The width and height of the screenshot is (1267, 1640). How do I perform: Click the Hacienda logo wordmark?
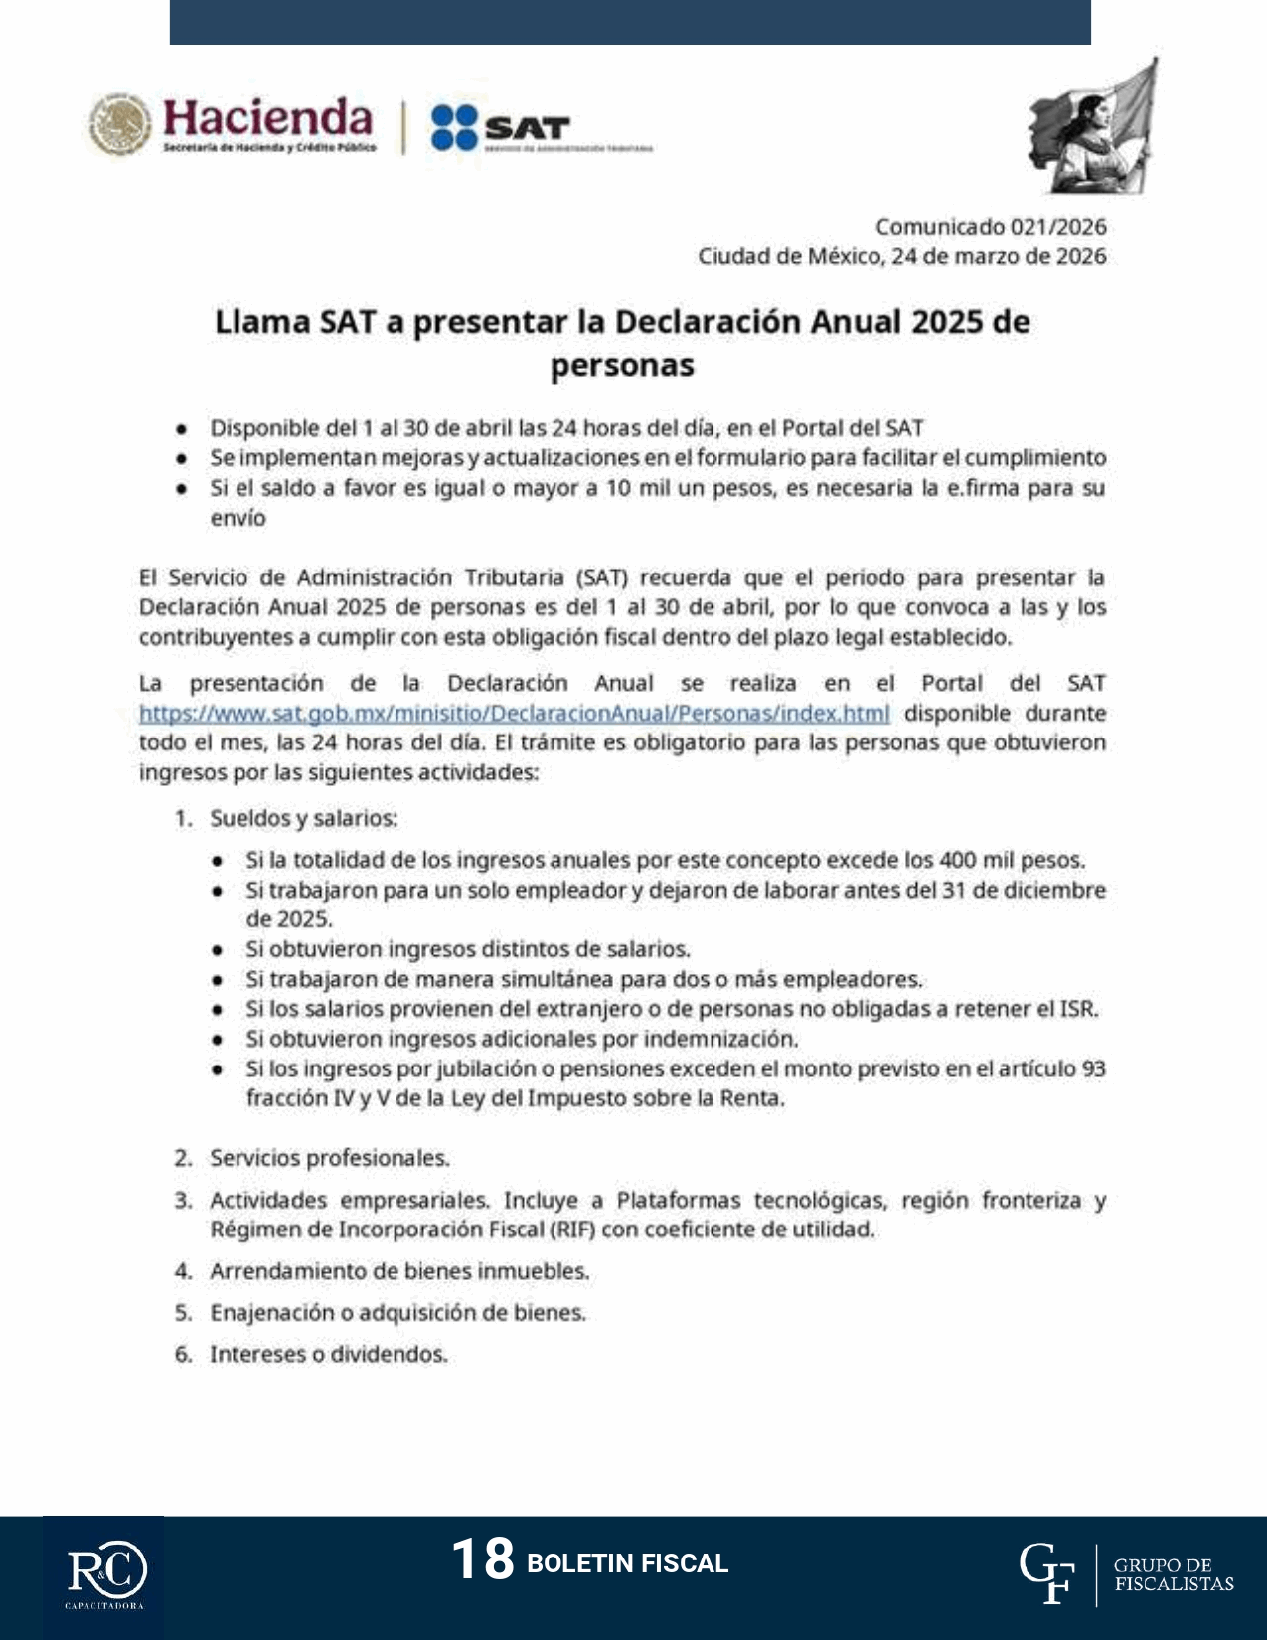pyautogui.click(x=266, y=119)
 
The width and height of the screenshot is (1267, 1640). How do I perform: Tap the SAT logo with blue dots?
pyautogui.click(x=500, y=128)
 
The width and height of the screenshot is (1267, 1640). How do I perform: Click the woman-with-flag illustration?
pyautogui.click(x=1092, y=127)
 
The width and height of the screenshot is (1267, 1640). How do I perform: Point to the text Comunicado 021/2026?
pyautogui.click(x=990, y=227)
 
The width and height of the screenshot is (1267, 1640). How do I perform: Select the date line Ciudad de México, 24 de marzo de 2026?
pyautogui.click(x=901, y=256)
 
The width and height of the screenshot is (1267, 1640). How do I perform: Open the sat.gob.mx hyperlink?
pyautogui.click(x=514, y=713)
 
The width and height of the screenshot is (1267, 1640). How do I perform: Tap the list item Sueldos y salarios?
pyautogui.click(x=303, y=818)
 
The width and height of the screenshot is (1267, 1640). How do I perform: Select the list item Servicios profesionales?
pyautogui.click(x=329, y=1158)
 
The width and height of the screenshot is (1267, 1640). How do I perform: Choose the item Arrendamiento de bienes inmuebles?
pyautogui.click(x=399, y=1271)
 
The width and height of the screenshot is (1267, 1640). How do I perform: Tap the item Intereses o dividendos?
pyautogui.click(x=328, y=1354)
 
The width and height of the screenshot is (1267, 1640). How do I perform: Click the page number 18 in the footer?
pyautogui.click(x=482, y=1558)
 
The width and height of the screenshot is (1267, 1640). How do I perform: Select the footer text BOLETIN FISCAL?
pyautogui.click(x=627, y=1563)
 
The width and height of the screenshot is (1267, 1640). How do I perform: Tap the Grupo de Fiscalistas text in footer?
pyautogui.click(x=1174, y=1574)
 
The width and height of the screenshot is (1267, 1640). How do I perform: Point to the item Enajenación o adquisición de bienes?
pyautogui.click(x=397, y=1313)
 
